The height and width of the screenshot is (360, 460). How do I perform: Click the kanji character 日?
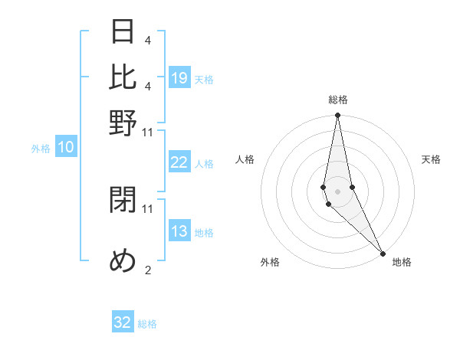point(123,31)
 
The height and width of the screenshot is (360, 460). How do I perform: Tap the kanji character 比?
point(123,77)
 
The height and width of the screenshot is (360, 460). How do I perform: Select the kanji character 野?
point(123,123)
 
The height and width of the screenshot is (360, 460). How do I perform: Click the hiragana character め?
point(123,261)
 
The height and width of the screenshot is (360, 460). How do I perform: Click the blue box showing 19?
point(179,77)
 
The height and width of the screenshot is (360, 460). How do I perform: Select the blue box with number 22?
point(179,162)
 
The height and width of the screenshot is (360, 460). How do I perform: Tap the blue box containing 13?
point(179,231)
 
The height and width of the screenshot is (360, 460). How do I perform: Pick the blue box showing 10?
point(65,147)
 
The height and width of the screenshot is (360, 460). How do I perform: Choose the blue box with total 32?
point(123,322)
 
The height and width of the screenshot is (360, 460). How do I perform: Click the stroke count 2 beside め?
point(147,270)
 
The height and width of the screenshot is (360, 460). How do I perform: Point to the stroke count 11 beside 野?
point(147,132)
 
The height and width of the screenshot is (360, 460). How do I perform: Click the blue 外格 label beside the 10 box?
point(41,149)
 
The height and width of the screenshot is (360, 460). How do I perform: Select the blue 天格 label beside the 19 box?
point(204,79)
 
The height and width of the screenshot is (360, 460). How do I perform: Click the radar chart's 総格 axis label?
point(337,100)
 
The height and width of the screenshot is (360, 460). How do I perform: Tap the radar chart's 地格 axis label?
point(402,262)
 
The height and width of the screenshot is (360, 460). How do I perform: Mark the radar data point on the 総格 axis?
point(337,116)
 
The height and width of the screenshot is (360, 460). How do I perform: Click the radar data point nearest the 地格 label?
point(382,252)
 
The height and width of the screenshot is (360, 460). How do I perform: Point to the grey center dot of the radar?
point(337,191)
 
